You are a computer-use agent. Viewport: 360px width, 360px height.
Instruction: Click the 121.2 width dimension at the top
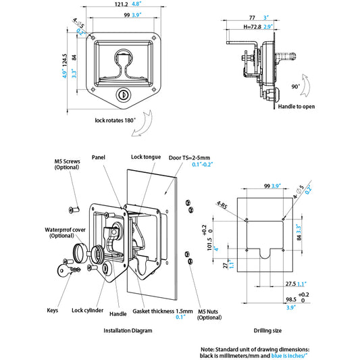(x=121, y=4)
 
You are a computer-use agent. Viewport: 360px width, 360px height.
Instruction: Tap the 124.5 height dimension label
(x=65, y=60)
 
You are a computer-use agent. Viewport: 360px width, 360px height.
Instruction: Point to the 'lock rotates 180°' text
(x=115, y=120)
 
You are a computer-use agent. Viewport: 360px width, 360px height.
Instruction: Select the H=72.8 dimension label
(x=253, y=27)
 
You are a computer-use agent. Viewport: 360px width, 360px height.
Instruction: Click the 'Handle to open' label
(x=297, y=107)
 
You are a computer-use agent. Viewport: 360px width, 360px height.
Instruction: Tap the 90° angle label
(x=296, y=86)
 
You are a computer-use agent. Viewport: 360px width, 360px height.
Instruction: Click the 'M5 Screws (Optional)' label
(x=67, y=164)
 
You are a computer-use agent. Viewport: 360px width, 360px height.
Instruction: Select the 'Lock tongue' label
(x=146, y=157)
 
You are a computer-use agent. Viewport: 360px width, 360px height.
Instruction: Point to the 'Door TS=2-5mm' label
(x=189, y=158)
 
